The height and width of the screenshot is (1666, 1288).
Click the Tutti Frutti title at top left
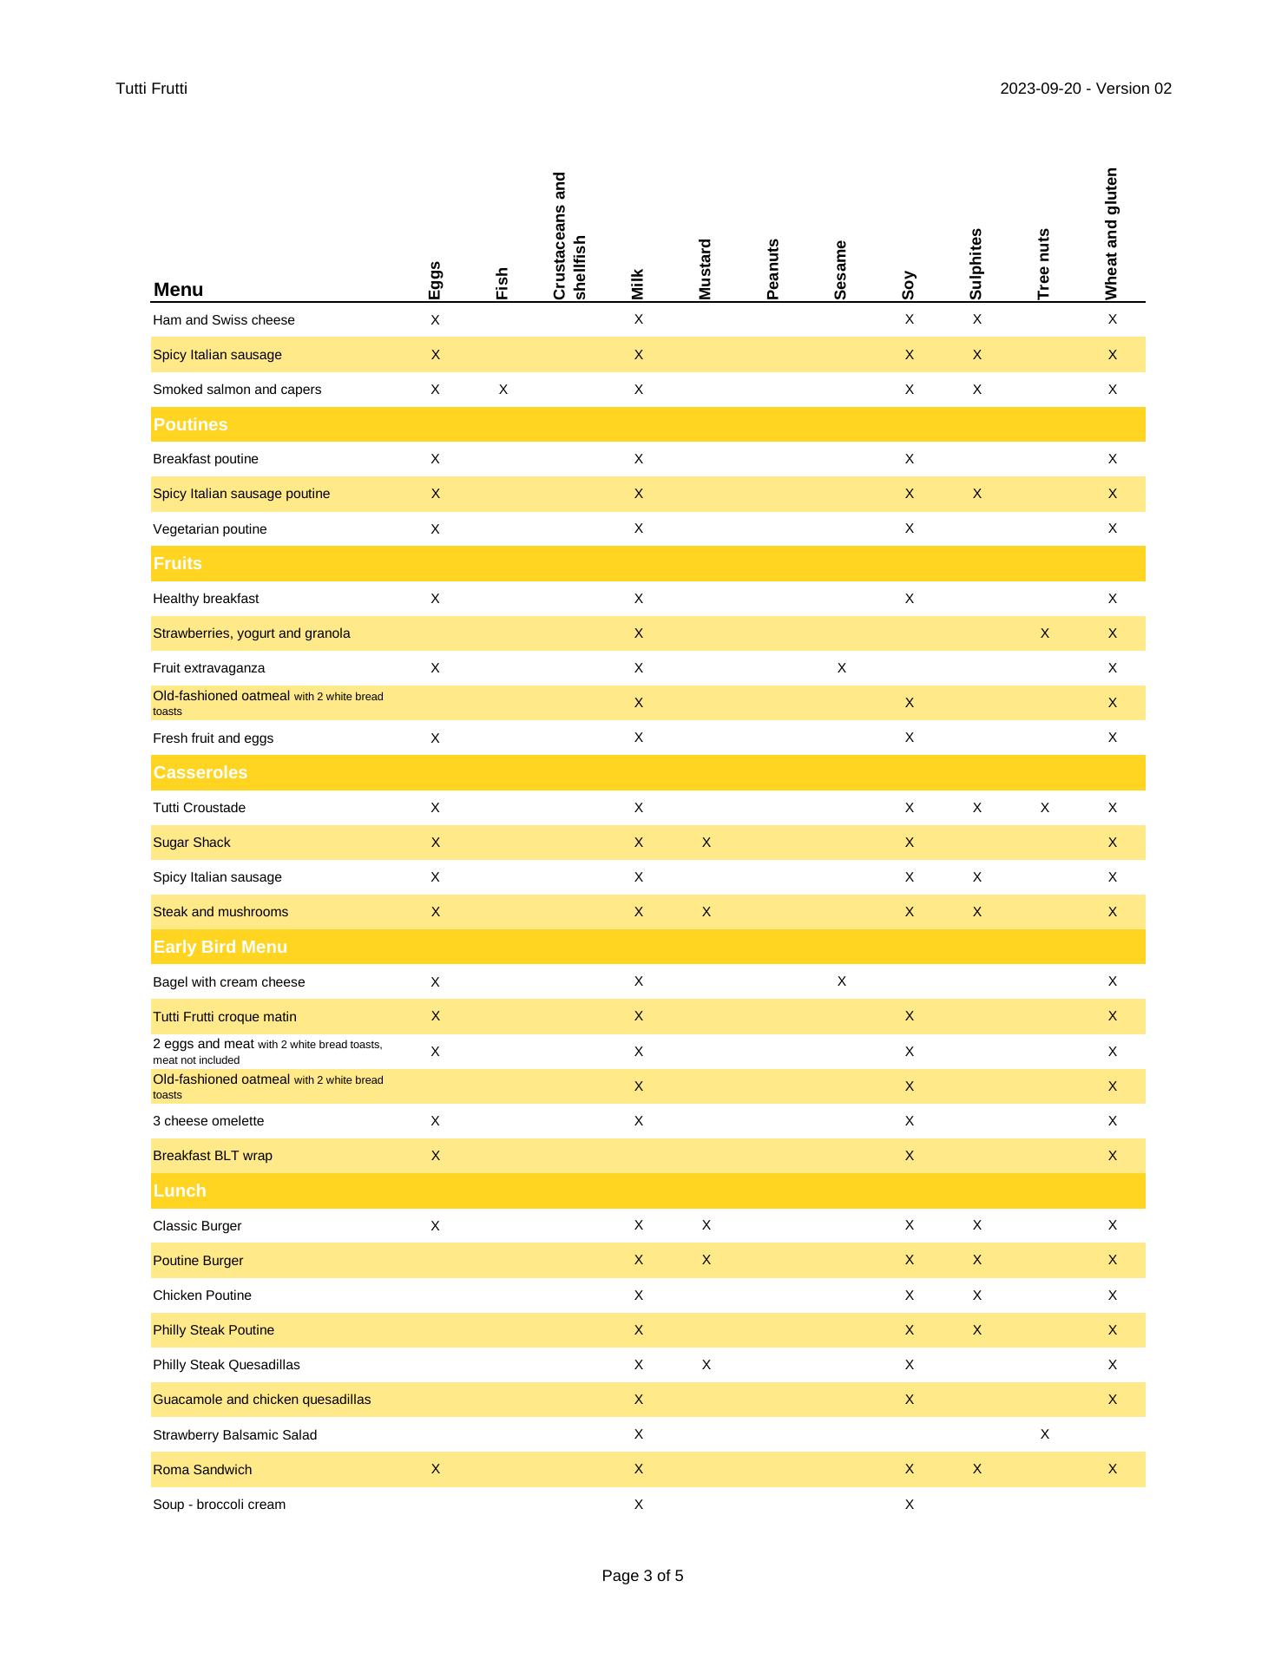(151, 89)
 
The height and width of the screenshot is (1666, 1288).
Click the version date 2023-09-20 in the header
(1039, 89)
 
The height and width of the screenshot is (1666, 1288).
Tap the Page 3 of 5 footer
(642, 1575)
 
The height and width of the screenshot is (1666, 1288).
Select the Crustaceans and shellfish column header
(569, 236)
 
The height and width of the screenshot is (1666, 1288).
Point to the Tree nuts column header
(1043, 264)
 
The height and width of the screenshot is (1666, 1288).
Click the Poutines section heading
(190, 424)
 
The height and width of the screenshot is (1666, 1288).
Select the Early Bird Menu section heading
(220, 947)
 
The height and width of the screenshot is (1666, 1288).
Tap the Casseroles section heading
(200, 772)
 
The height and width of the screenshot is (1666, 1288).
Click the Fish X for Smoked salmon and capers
(503, 390)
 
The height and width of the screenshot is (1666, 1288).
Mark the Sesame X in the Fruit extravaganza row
(841, 668)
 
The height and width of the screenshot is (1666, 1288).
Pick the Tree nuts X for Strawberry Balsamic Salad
(1044, 1434)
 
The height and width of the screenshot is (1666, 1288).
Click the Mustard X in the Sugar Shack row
(706, 843)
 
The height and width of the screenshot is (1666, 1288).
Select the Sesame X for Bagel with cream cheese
(841, 981)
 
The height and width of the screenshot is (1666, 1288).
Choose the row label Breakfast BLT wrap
(213, 1156)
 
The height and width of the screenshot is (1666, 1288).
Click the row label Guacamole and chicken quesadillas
(261, 1400)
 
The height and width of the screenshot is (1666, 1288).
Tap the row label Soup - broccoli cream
(219, 1505)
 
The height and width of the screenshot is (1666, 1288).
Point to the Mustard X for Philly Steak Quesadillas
(706, 1365)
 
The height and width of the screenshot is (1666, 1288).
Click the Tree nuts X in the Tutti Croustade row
(1044, 808)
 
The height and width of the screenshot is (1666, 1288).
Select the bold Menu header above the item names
(178, 290)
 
